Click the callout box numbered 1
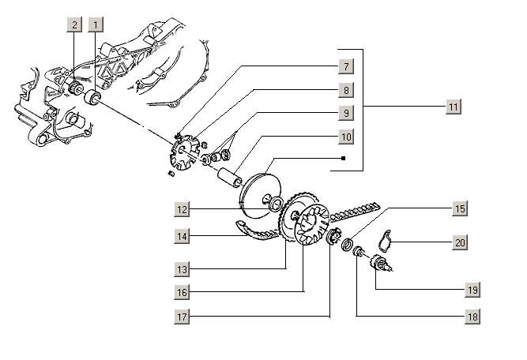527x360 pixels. click(x=96, y=25)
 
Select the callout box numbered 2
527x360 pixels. click(x=74, y=25)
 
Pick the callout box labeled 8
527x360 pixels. click(x=345, y=90)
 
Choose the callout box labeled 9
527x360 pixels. click(x=345, y=113)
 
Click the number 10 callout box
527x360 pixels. click(x=345, y=137)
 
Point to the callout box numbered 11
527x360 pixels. click(x=452, y=107)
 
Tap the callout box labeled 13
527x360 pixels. click(x=183, y=269)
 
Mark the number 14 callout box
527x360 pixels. click(x=183, y=235)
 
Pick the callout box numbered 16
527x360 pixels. click(x=183, y=293)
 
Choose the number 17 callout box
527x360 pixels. click(x=183, y=317)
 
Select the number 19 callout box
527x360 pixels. click(x=472, y=290)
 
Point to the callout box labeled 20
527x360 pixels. click(x=459, y=242)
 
